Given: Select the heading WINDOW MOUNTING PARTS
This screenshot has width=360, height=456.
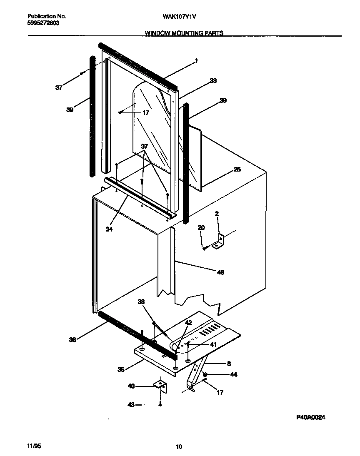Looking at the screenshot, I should tap(184, 33).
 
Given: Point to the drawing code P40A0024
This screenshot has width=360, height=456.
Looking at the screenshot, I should tap(310, 417).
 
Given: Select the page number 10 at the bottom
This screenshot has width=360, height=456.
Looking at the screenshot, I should tap(179, 447).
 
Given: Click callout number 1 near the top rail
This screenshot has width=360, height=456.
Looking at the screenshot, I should tap(196, 60).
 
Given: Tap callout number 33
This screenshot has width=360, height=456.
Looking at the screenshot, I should tap(213, 81).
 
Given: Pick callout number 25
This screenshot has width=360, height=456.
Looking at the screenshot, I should tap(237, 169).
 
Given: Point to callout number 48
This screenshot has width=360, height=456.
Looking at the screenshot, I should tap(220, 272).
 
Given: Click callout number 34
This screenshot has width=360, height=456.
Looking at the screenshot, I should tap(109, 229).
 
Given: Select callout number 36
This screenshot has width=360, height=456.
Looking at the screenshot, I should tap(72, 340).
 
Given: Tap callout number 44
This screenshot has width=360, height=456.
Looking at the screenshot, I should tap(233, 375).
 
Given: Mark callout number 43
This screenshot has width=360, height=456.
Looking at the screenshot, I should tap(131, 404).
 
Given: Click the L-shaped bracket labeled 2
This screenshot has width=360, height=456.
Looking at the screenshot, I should tap(219, 242).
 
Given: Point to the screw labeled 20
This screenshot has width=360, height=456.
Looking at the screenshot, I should tap(204, 249).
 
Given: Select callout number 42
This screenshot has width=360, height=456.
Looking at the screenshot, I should tap(188, 323).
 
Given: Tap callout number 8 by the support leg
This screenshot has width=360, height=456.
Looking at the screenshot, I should tap(228, 363).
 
